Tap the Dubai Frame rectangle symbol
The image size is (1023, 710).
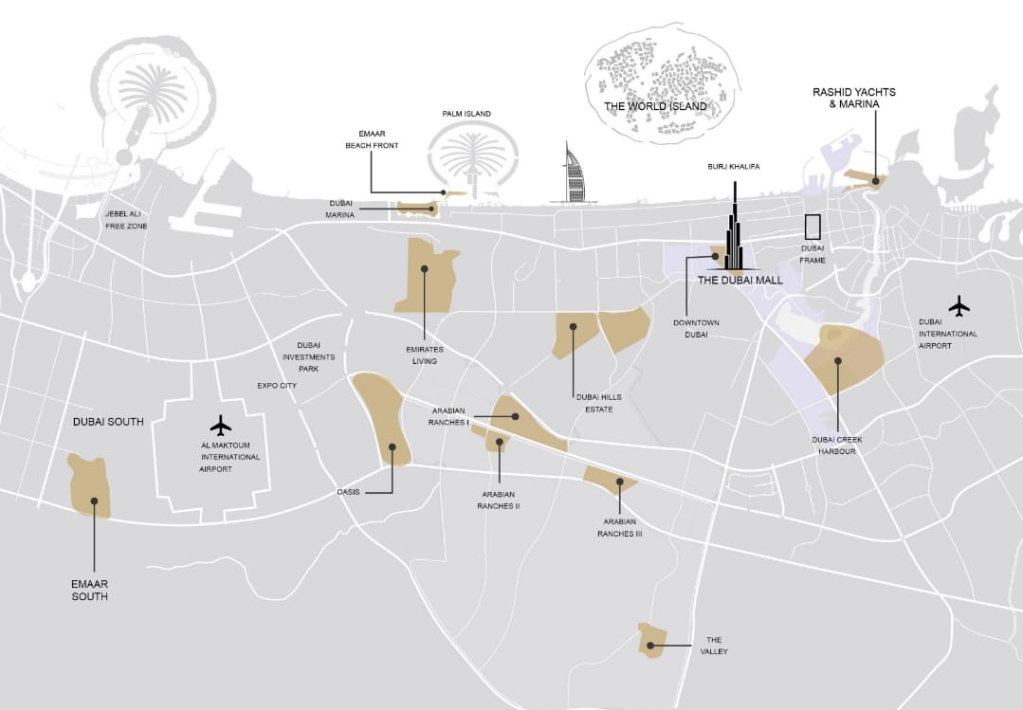(x=813, y=227)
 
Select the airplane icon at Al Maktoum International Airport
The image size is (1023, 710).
(x=221, y=424)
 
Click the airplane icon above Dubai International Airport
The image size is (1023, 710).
(x=959, y=306)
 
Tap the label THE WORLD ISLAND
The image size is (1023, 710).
(x=656, y=107)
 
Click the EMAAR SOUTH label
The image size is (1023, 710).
(x=89, y=591)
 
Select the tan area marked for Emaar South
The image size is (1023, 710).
(x=89, y=485)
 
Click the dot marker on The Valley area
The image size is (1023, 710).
(x=652, y=646)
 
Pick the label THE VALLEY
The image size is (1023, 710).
(x=714, y=646)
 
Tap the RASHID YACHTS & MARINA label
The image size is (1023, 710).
(x=854, y=98)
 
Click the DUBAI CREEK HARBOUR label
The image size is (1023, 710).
(x=836, y=446)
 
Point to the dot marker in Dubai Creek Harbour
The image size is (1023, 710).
(x=837, y=360)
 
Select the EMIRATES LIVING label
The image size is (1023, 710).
(x=425, y=355)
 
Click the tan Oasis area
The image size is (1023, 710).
(x=381, y=418)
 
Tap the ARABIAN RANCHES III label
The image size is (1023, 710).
(x=619, y=528)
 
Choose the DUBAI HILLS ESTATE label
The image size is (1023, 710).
(x=594, y=404)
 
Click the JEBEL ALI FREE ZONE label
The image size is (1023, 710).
(x=126, y=220)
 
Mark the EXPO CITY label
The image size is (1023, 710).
(x=277, y=386)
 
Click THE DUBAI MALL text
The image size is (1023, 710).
(x=740, y=281)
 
